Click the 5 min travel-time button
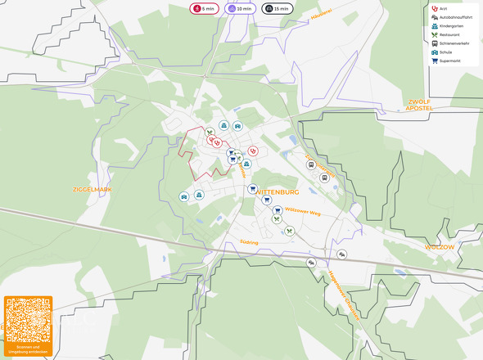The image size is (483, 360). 204,8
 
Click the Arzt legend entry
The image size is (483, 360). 442,9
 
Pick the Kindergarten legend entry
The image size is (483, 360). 450,26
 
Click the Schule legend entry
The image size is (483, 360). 445,52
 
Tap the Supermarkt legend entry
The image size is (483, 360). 449,61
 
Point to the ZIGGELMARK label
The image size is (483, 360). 92,189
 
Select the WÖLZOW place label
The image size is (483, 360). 439,246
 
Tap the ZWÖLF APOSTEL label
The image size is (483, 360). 419,105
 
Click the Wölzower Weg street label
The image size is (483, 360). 302,212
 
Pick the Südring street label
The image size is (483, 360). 249,242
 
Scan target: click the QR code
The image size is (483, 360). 28,320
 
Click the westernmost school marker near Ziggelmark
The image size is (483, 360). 184,196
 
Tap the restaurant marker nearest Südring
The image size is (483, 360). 289,232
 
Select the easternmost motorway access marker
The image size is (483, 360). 341,254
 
